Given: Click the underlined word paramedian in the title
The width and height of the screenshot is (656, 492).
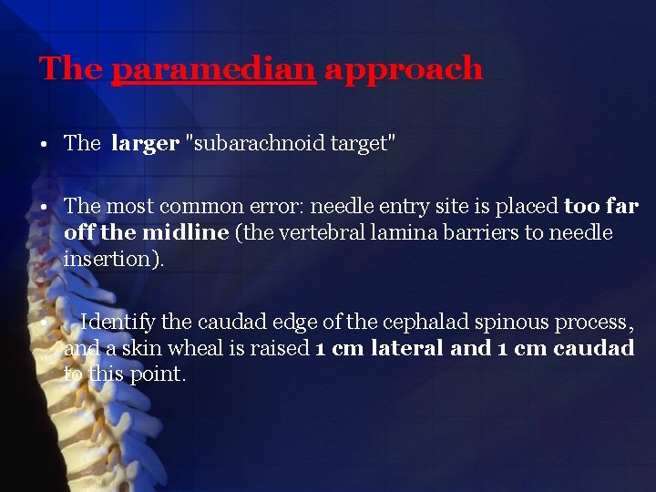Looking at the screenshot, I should tap(213, 69).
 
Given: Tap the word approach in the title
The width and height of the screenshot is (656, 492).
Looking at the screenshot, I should tap(403, 69).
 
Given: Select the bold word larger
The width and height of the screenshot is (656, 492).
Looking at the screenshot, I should tap(144, 143).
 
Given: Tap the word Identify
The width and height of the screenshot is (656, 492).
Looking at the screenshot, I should tap(118, 323).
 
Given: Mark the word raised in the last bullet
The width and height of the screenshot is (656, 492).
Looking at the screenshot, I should tap(282, 349).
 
